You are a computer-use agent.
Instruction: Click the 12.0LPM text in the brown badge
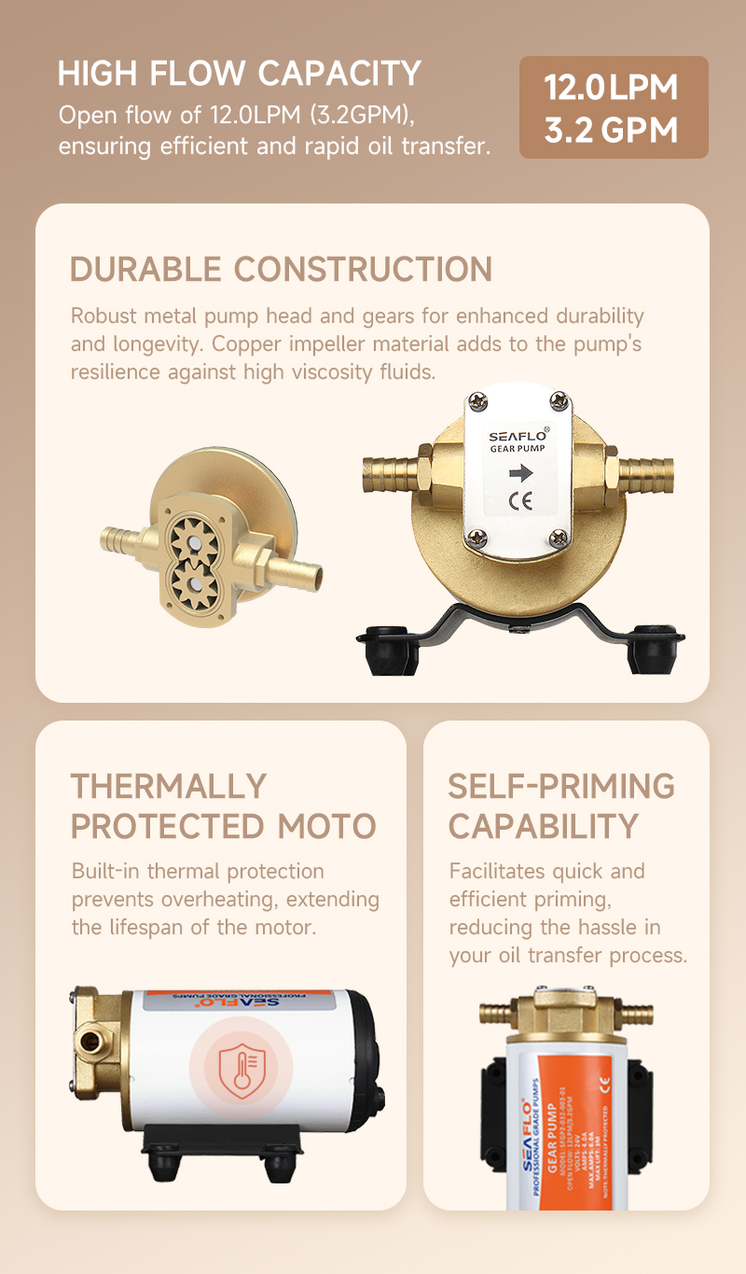(x=612, y=88)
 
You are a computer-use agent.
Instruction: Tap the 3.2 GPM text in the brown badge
(x=612, y=130)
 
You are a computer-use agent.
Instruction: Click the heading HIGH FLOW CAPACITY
(x=240, y=73)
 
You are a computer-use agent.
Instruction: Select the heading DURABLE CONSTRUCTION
(x=281, y=269)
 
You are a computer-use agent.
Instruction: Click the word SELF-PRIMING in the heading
(x=561, y=786)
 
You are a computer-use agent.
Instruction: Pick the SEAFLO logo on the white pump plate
(x=519, y=434)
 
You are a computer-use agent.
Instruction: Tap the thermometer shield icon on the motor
(x=241, y=1067)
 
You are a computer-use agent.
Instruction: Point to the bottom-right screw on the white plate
(x=559, y=538)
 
